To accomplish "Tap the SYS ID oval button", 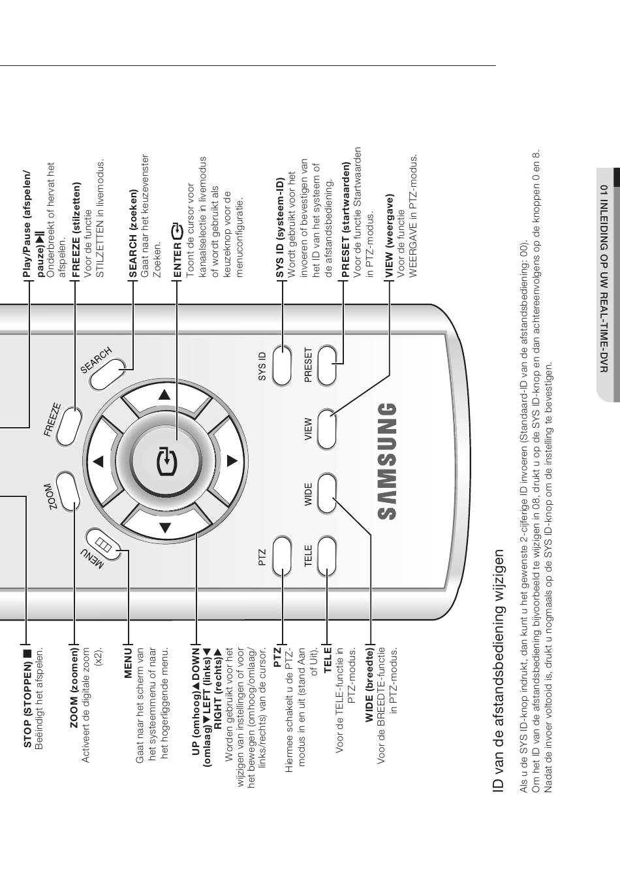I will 282,365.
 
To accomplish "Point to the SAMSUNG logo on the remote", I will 386,461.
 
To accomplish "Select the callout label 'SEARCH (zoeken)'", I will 134,225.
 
